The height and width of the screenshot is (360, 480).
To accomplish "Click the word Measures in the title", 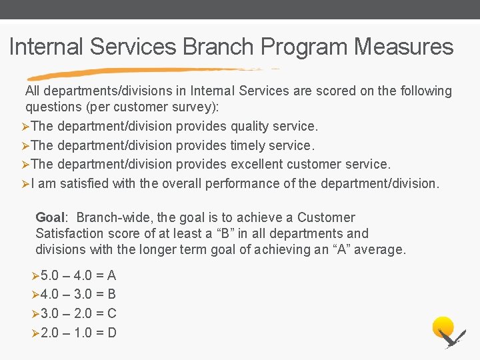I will [x=404, y=47].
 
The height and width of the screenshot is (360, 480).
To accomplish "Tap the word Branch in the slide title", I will [x=218, y=47].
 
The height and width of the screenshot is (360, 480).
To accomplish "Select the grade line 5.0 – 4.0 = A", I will [x=78, y=275].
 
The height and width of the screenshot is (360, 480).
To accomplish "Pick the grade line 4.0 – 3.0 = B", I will [x=78, y=294].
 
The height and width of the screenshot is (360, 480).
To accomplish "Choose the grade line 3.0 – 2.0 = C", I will [x=78, y=313].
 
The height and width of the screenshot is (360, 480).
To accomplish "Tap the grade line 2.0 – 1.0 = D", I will [x=78, y=332].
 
